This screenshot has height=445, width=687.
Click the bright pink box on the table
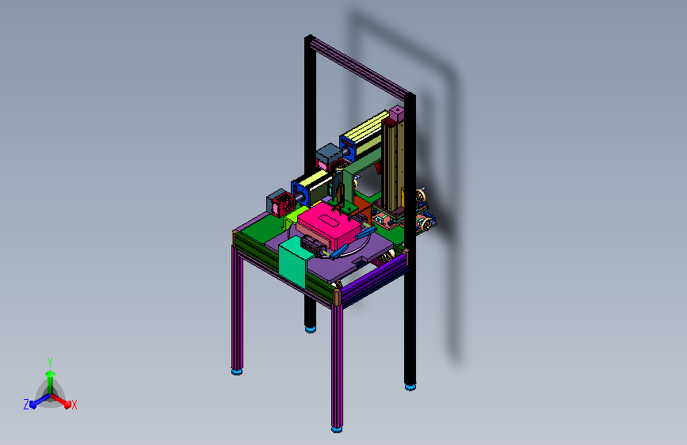pos(329,226)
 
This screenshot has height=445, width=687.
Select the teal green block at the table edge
pos(292,262)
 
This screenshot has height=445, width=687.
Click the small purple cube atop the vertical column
pos(396,113)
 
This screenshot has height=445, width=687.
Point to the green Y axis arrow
pos(50,380)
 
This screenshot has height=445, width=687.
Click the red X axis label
pos(74,405)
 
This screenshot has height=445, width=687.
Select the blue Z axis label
pos(26,405)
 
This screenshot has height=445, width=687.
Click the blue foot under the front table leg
pos(337,430)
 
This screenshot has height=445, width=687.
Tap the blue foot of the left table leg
pos(237,372)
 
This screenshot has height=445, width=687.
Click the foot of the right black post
pos(410,386)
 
